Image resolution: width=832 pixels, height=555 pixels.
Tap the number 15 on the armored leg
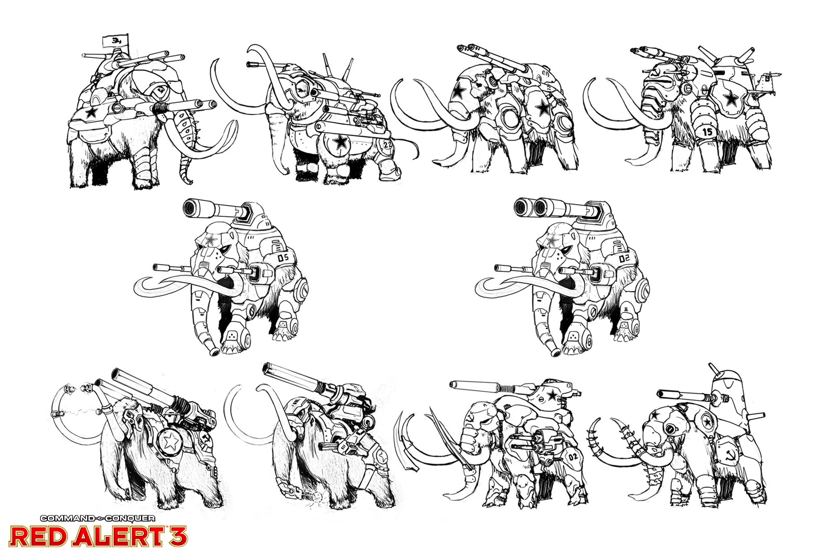[x=707, y=132]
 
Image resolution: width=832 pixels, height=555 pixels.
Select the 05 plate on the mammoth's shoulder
[x=283, y=257]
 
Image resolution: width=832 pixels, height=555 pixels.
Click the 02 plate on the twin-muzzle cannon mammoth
[x=625, y=257]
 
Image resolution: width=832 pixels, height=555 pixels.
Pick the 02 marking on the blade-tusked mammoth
[x=573, y=457]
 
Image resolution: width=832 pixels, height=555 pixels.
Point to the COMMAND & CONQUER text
[x=98, y=518]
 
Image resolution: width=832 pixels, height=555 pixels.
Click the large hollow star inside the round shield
[x=171, y=441]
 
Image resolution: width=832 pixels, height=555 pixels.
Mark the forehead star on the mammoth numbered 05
[x=211, y=240]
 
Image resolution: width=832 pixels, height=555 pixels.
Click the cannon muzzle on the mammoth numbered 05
[x=192, y=209]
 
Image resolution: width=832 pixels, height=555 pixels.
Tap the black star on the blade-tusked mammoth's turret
[x=552, y=395]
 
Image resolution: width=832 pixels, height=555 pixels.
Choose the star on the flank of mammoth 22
[x=340, y=141]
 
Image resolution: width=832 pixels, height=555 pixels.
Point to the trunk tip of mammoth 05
[x=214, y=352]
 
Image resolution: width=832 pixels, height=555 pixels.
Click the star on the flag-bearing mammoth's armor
[x=91, y=112]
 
